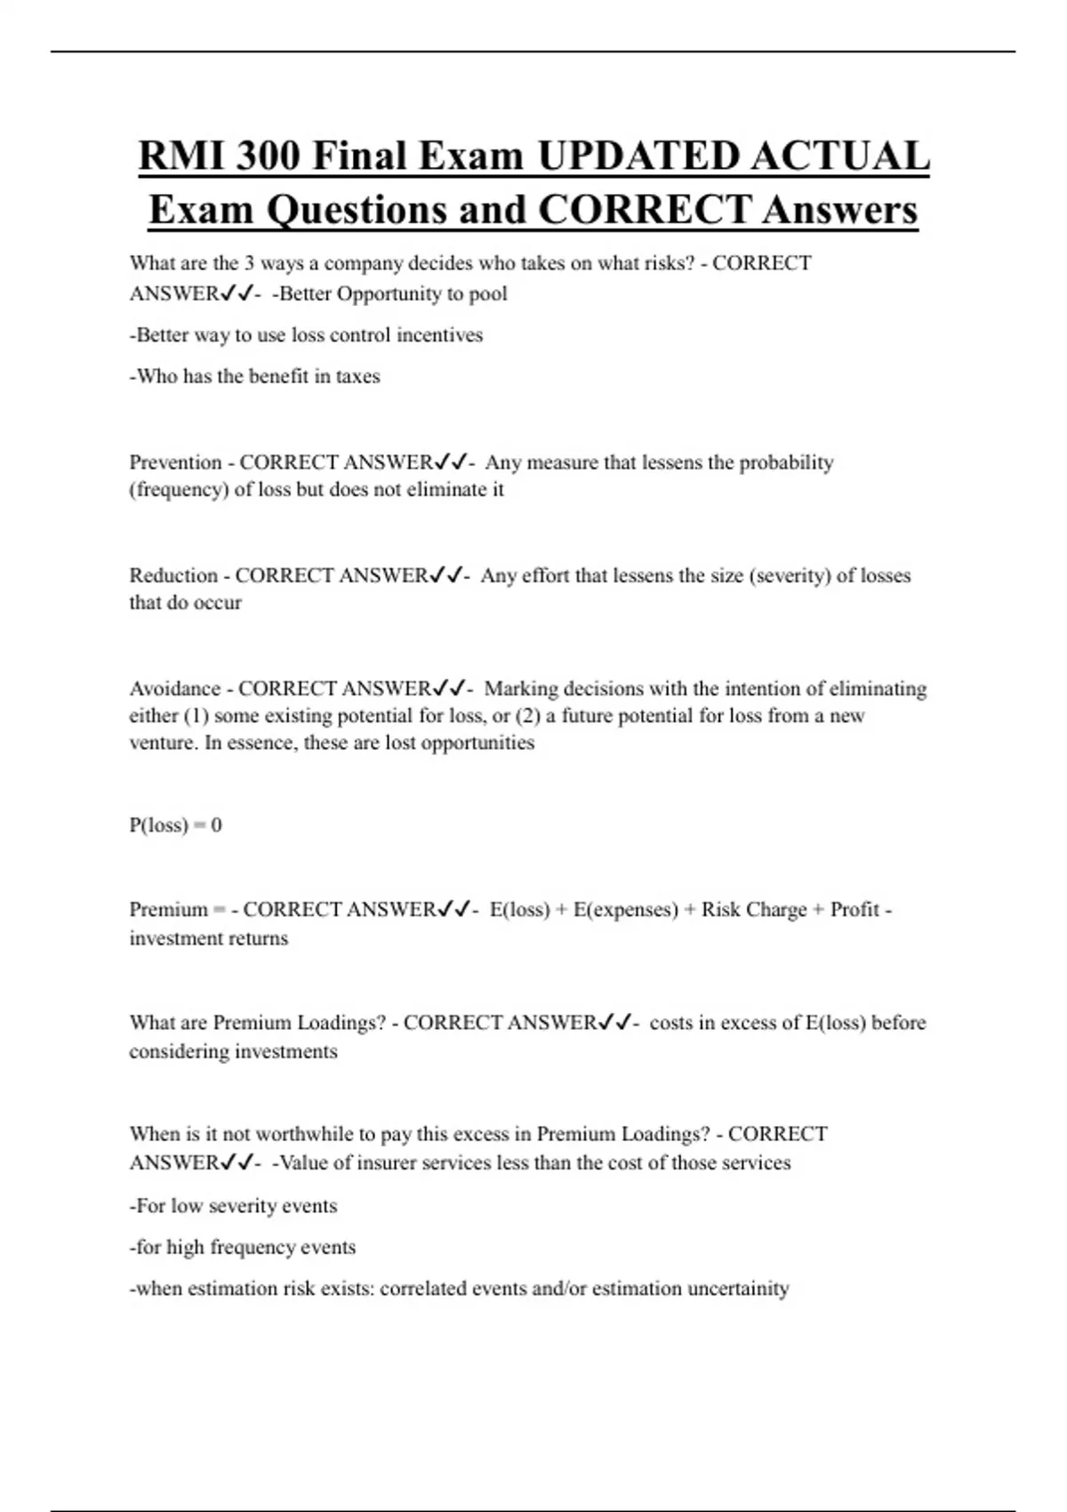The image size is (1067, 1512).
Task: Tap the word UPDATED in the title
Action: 638,157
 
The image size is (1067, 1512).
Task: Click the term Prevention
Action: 175,462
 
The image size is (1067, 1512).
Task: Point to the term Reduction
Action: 173,575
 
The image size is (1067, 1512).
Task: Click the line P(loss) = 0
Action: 175,825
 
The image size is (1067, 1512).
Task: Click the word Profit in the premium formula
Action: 854,910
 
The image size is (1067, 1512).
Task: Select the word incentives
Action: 439,335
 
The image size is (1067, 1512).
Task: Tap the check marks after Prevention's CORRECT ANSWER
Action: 451,462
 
